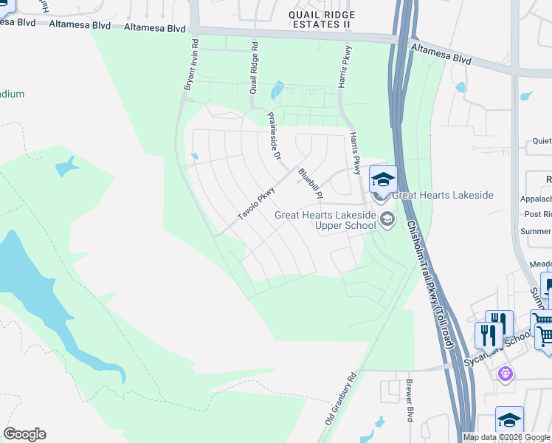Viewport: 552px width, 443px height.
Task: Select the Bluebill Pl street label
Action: (x=310, y=184)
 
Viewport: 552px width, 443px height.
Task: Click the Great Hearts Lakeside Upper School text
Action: (x=325, y=220)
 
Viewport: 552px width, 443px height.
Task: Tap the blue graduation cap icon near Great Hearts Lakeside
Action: (x=383, y=179)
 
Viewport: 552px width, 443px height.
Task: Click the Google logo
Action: (x=24, y=434)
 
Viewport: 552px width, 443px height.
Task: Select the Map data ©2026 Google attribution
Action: (x=506, y=437)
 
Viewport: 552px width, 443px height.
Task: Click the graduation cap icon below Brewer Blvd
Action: (x=509, y=419)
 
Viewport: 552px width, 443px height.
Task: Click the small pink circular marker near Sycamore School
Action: (x=505, y=374)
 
